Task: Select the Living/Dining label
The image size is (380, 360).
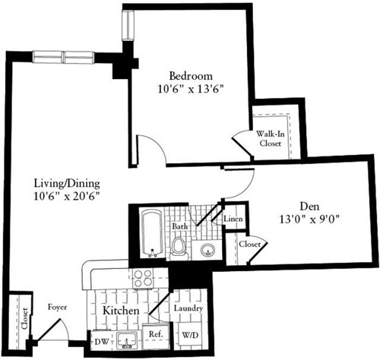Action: [x=67, y=183]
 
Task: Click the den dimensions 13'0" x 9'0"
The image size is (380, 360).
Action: [x=306, y=219]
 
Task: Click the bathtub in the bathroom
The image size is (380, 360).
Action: [x=151, y=232]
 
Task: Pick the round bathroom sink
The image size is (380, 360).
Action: [x=205, y=249]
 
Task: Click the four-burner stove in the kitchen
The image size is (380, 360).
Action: [x=142, y=279]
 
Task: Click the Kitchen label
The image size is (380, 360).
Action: [x=120, y=311]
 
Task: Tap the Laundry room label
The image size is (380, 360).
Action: [x=186, y=309]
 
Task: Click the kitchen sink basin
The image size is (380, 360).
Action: [x=125, y=339]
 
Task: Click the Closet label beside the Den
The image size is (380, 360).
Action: [x=249, y=245]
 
